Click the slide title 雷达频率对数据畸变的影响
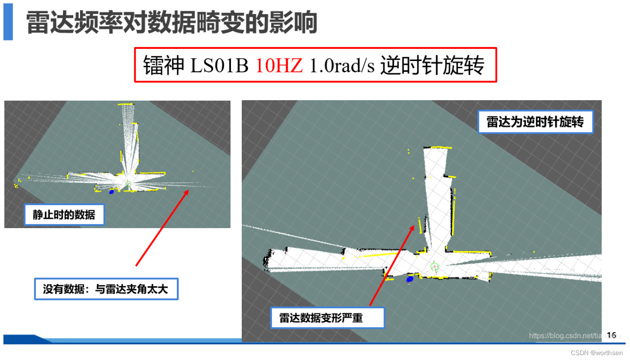click(x=171, y=23)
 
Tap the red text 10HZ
click(x=279, y=65)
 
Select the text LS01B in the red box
click(x=220, y=65)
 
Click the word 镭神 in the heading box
click(x=164, y=65)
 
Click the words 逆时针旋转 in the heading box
click(x=432, y=65)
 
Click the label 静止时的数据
click(x=64, y=214)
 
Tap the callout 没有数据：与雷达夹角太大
click(x=106, y=289)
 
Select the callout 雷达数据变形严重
click(x=328, y=318)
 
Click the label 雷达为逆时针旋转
click(x=535, y=122)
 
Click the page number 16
click(x=611, y=335)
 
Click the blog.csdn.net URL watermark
click(x=567, y=336)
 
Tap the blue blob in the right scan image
click(x=410, y=279)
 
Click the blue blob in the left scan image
click(x=111, y=192)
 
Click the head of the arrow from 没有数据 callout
click(x=188, y=191)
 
